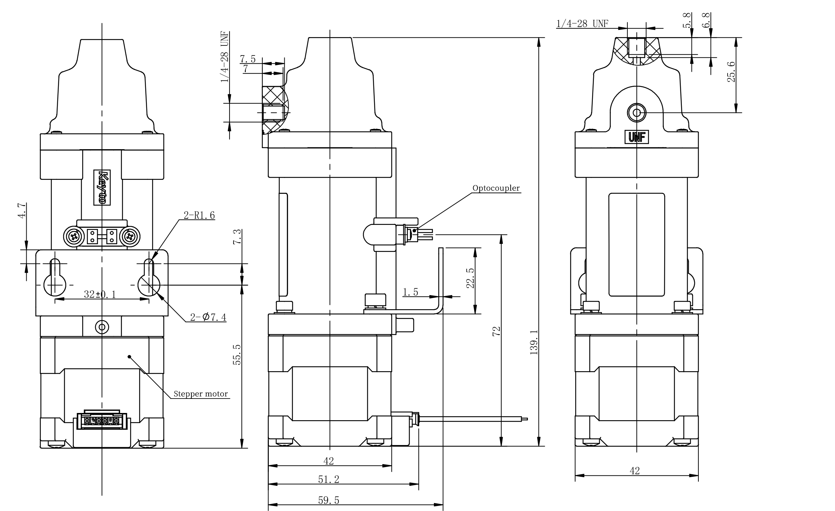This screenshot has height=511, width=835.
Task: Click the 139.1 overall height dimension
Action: click(534, 342)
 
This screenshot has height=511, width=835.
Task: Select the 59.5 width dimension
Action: click(329, 500)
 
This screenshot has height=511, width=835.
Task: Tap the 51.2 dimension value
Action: click(329, 479)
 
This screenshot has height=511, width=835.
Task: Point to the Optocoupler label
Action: click(496, 188)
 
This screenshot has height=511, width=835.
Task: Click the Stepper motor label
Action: click(201, 394)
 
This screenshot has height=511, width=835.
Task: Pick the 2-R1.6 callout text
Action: click(199, 215)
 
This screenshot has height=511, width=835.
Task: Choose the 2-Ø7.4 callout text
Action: click(208, 317)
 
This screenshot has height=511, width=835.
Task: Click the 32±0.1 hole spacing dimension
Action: click(100, 294)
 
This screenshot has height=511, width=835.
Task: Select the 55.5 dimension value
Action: click(237, 355)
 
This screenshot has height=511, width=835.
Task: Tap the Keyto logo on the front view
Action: click(102, 187)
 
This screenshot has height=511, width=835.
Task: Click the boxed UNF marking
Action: click(637, 137)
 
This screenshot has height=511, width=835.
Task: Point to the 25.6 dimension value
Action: click(732, 72)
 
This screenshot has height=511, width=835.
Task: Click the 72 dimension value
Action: click(497, 332)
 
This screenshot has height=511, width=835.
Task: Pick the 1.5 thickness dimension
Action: click(410, 292)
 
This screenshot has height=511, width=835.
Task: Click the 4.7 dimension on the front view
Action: click(22, 210)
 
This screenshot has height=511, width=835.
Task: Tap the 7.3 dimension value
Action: click(237, 237)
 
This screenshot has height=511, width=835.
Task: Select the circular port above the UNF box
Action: click(637, 113)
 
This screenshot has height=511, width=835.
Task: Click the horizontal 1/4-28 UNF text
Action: click(582, 24)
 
